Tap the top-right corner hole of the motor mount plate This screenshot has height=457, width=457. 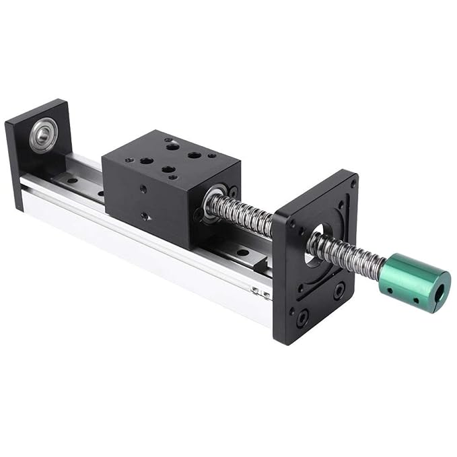(353, 182)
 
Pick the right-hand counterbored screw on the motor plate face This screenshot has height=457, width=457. (339, 291)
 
